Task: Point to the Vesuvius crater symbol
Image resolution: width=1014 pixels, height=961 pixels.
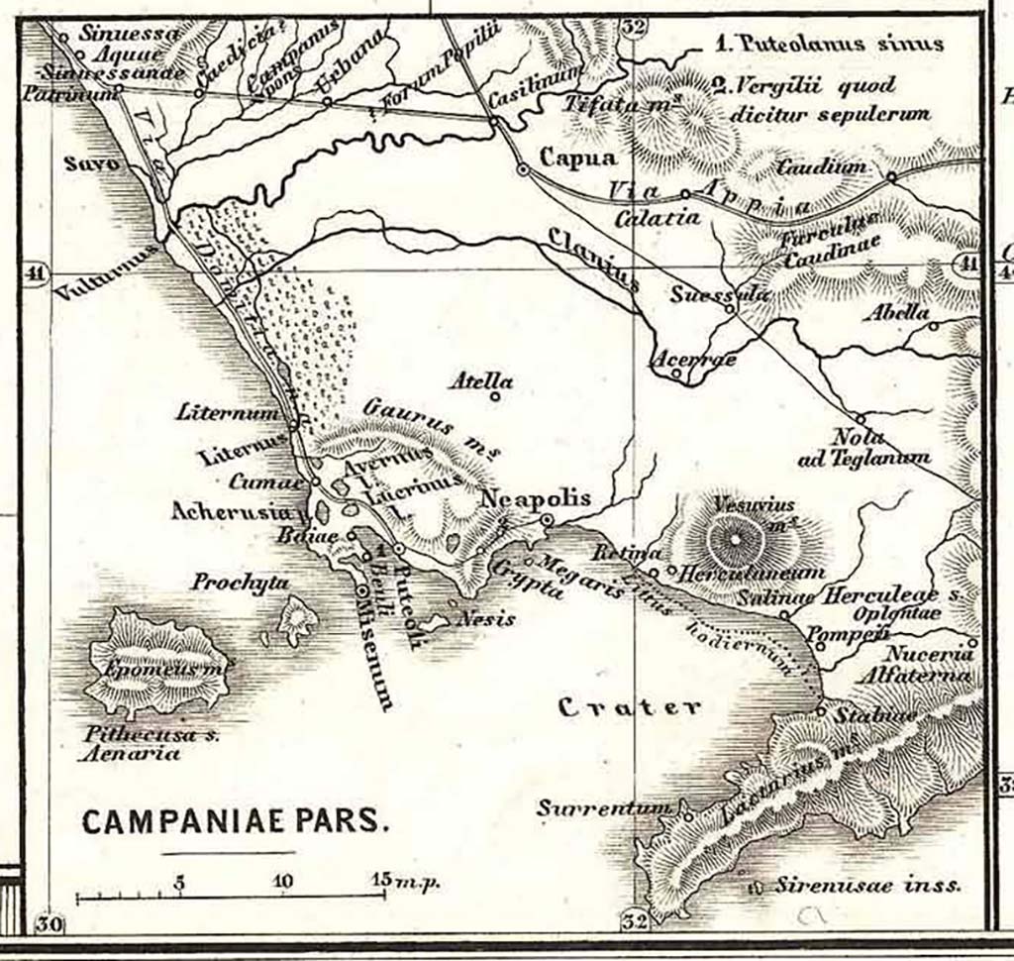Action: click(736, 541)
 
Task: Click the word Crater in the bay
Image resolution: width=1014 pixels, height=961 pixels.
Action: click(630, 707)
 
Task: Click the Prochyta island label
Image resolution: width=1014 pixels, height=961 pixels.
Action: click(241, 582)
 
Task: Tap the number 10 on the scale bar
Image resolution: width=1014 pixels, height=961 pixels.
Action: click(283, 880)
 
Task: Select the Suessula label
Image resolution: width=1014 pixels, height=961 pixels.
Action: click(705, 294)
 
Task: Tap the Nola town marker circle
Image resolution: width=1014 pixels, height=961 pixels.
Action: click(860, 419)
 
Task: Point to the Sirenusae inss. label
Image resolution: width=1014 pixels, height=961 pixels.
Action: click(867, 886)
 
